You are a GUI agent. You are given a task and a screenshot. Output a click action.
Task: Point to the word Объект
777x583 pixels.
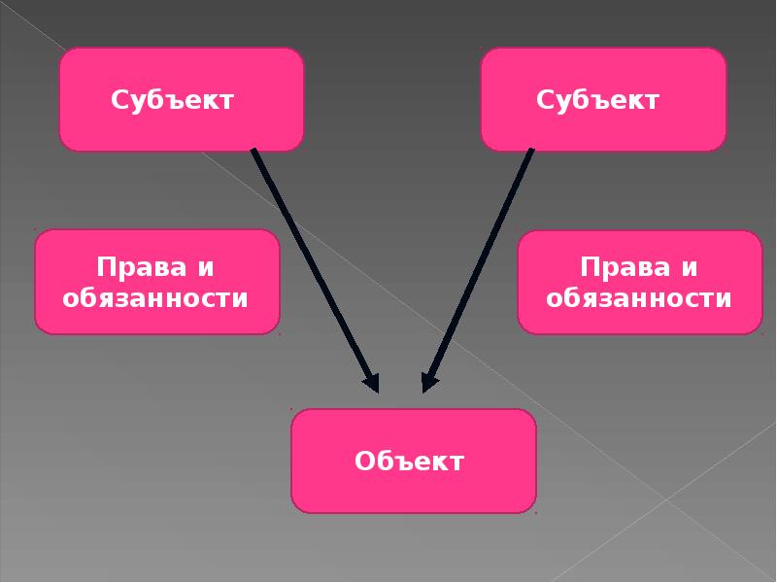410,461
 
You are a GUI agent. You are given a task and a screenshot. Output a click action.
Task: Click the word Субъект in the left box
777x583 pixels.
173,100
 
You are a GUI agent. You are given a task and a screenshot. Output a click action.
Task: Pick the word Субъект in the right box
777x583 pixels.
598,100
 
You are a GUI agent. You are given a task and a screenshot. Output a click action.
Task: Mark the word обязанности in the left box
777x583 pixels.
156,297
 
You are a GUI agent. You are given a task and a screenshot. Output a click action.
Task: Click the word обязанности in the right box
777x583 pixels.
639,297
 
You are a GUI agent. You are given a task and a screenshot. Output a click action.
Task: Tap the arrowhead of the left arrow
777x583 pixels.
369,381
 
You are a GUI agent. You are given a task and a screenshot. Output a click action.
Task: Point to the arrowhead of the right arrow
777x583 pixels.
429,381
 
